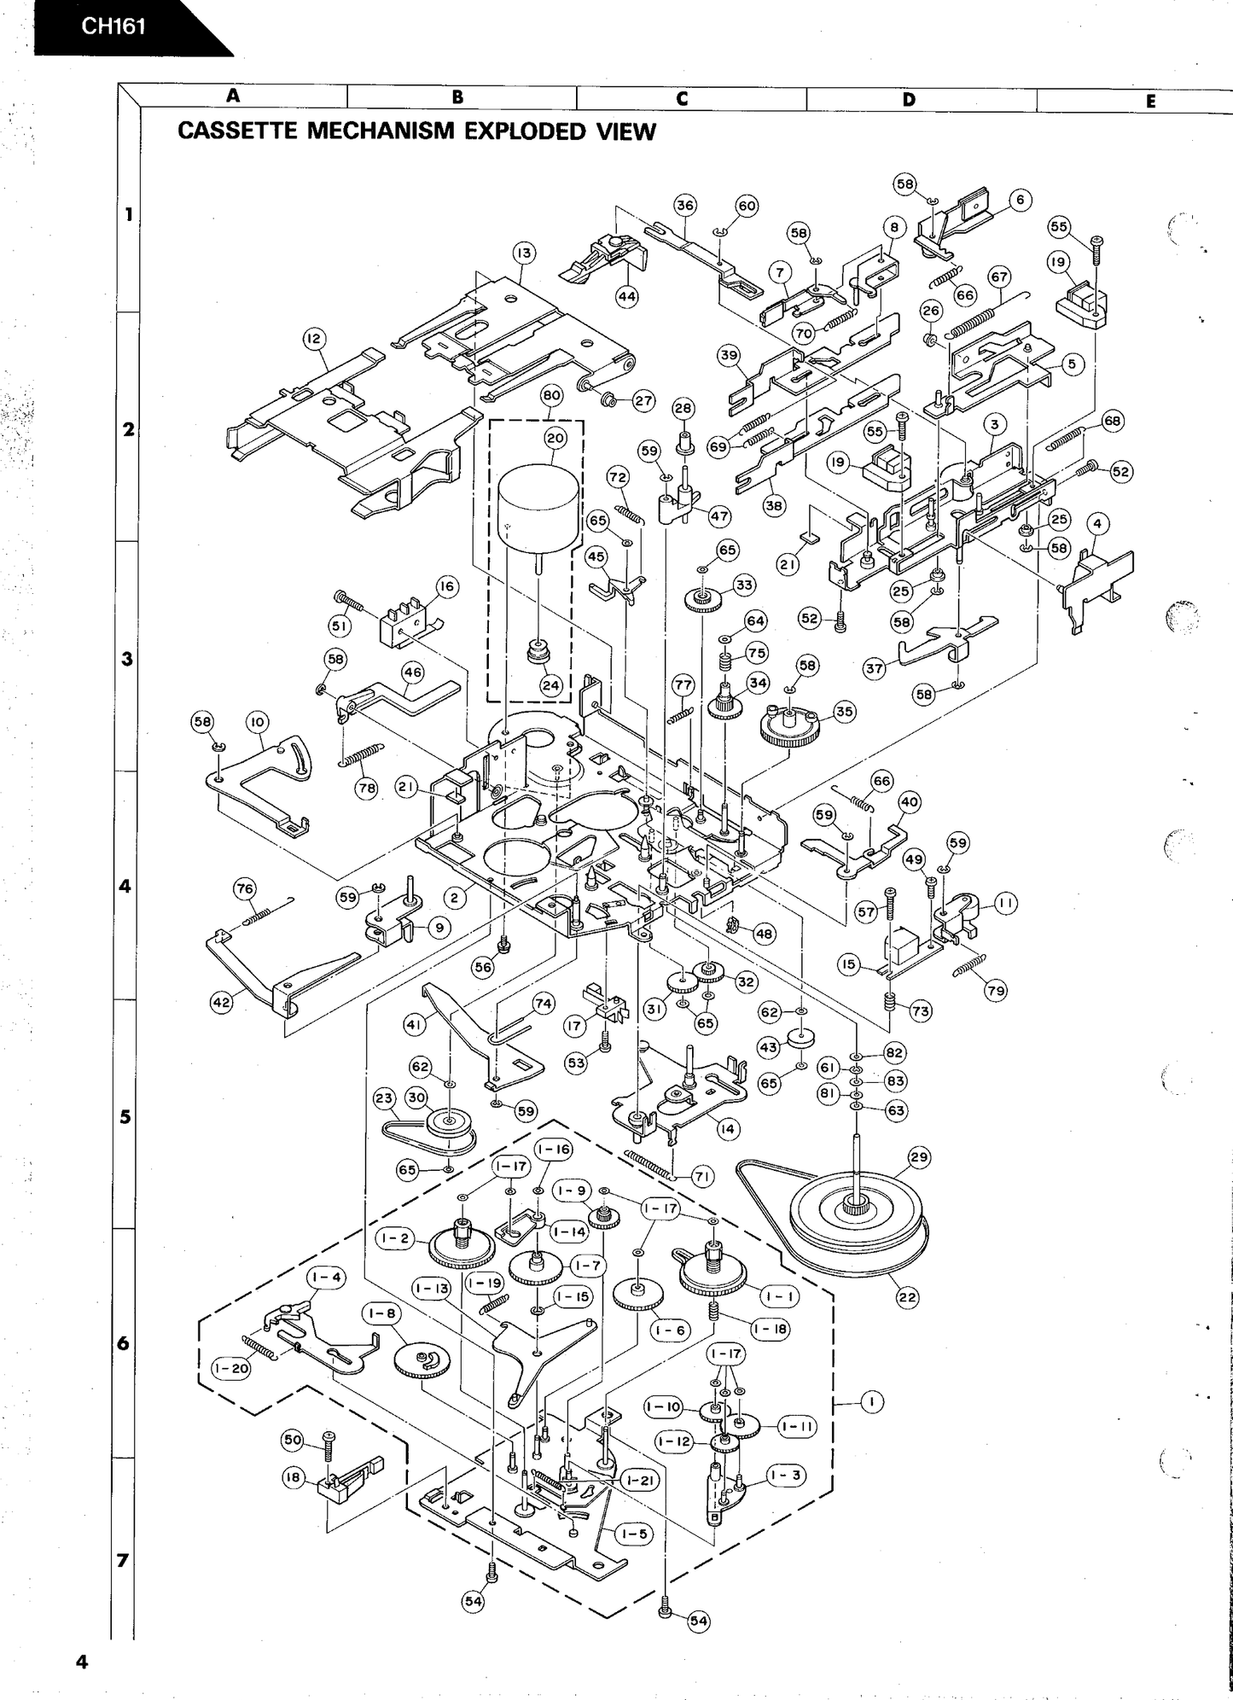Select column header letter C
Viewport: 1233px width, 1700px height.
[681, 98]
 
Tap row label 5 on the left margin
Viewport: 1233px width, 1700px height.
[125, 1116]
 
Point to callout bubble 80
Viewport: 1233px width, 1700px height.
[551, 395]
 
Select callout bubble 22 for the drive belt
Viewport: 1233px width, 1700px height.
[907, 1297]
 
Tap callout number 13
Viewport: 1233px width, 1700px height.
[523, 253]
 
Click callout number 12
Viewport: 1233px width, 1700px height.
[314, 339]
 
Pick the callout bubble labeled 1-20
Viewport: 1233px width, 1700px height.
[230, 1368]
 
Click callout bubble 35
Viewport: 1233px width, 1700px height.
[844, 712]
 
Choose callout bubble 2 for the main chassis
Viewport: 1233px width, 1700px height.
[456, 897]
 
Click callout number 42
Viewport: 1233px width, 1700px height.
[222, 1003]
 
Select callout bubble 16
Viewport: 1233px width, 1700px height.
[446, 586]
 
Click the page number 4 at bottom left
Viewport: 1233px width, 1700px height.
[82, 1662]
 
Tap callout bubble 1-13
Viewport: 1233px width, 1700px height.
[431, 1288]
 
